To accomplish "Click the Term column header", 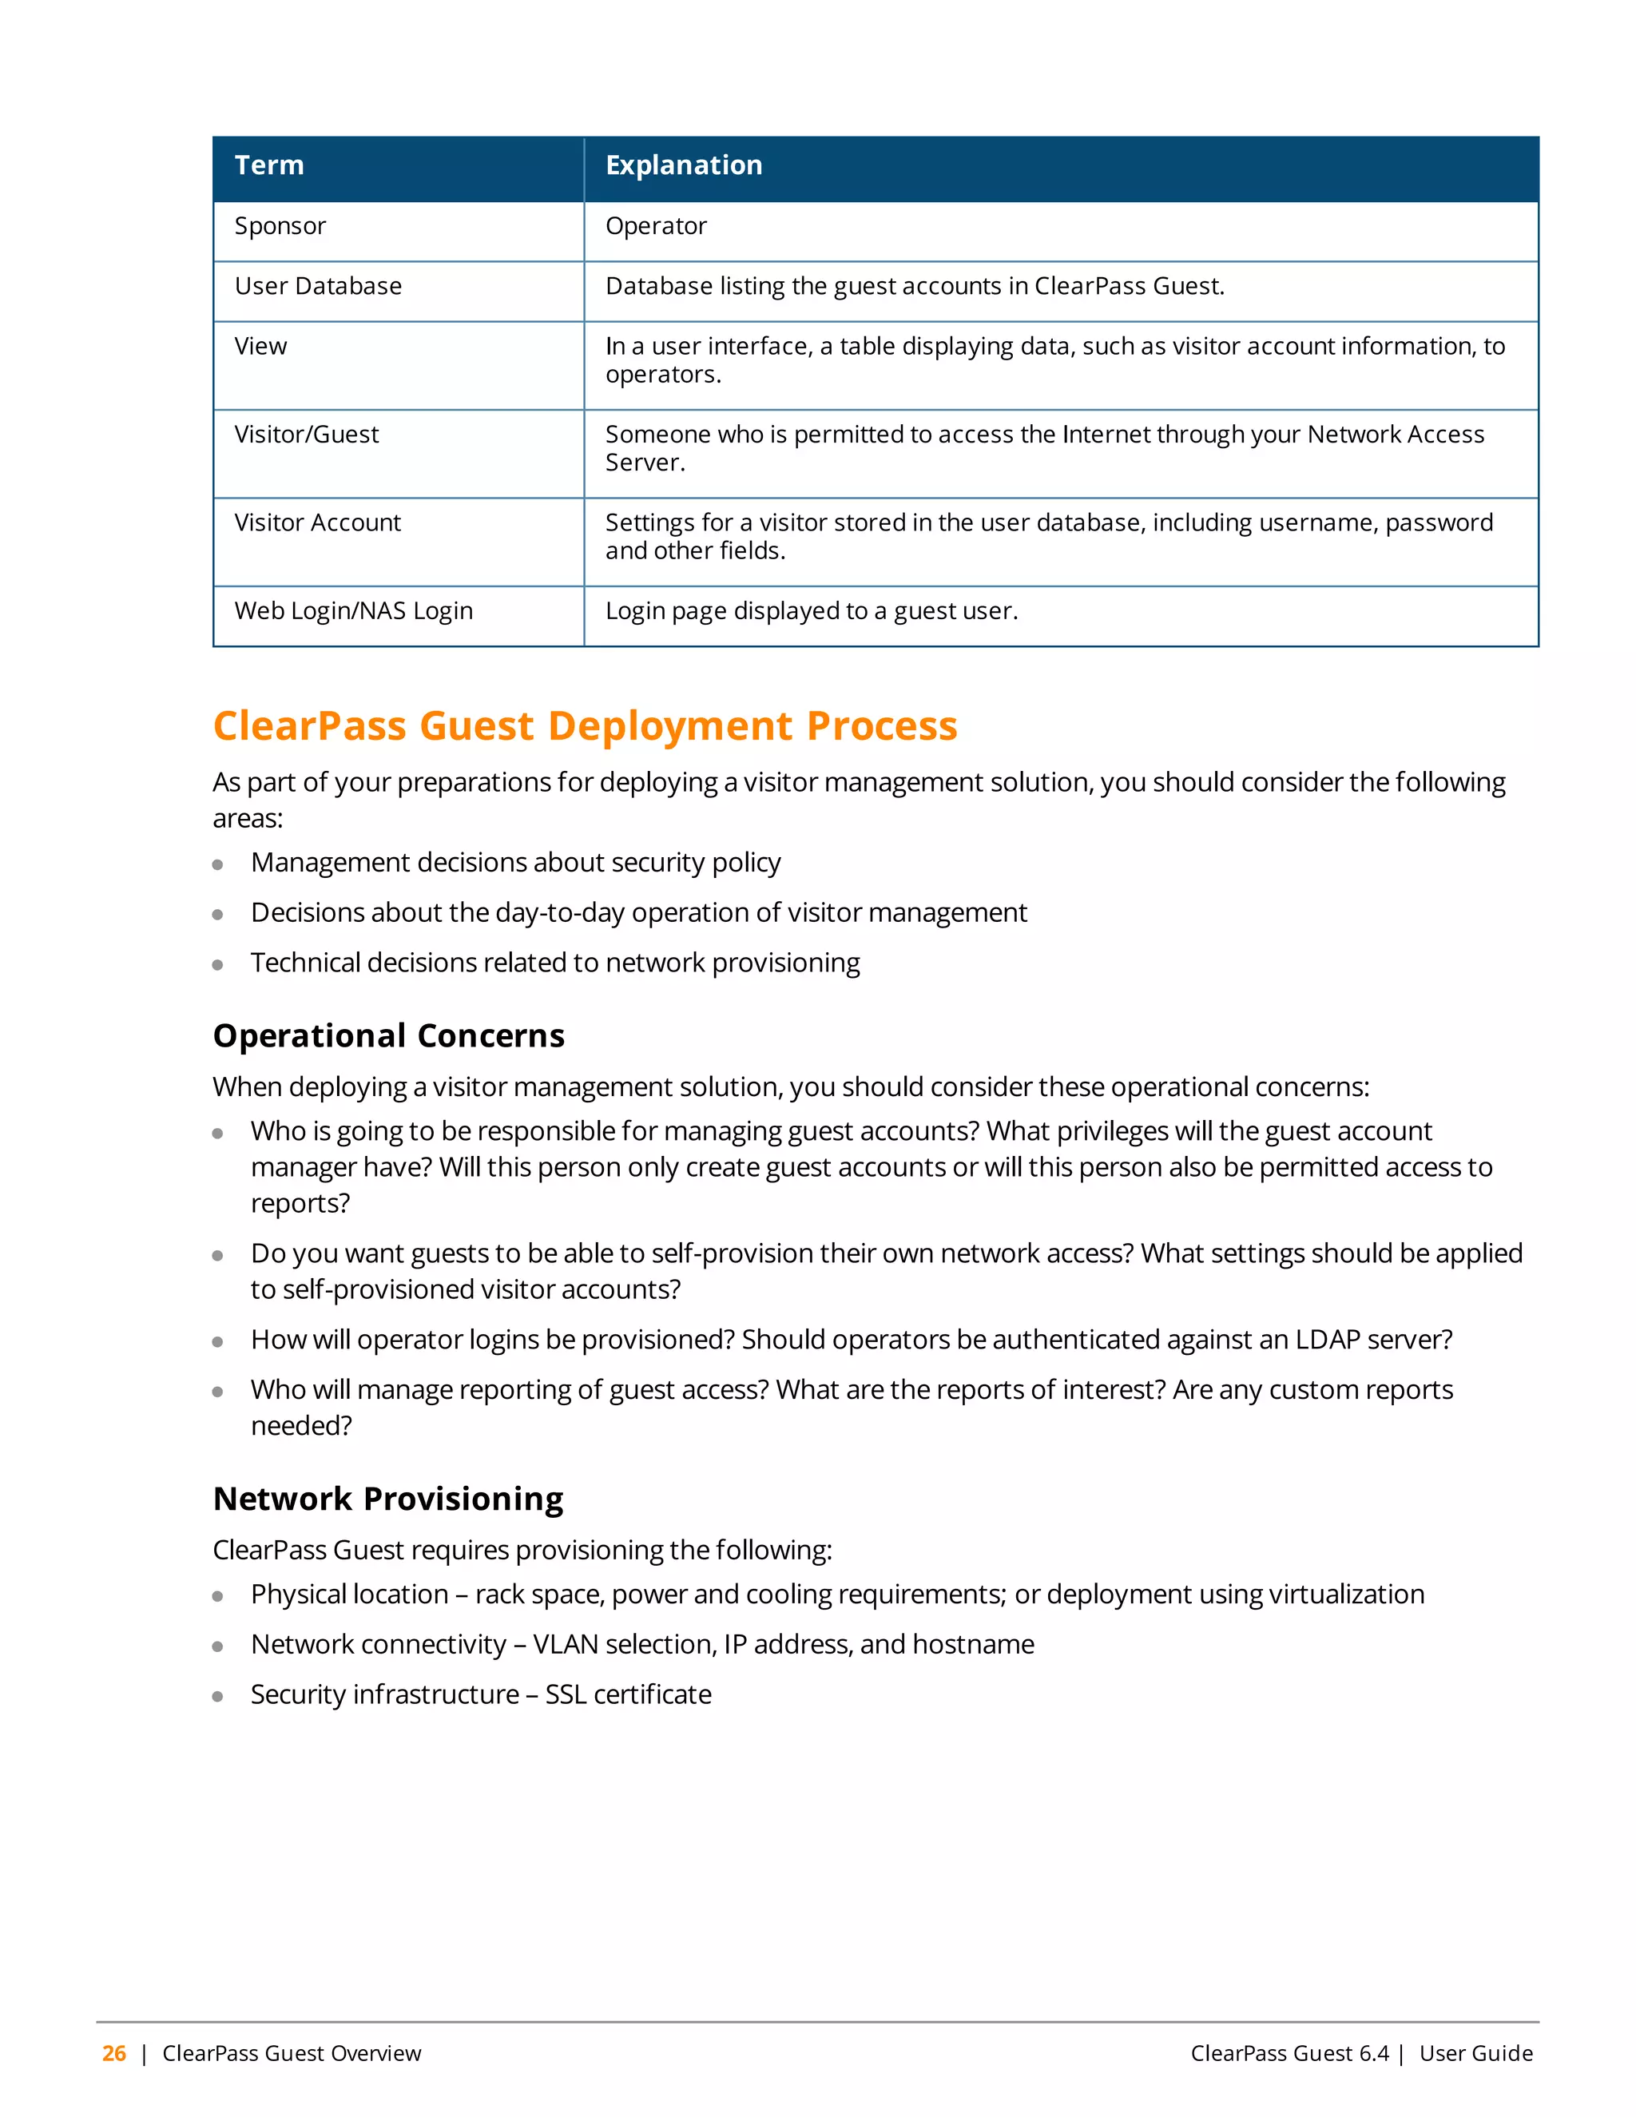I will coord(269,165).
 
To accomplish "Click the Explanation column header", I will coord(683,165).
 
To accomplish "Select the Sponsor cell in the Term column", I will coord(280,226).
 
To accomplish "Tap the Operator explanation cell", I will coord(656,226).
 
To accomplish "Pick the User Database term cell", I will coord(318,286).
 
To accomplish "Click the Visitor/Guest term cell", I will coord(306,435).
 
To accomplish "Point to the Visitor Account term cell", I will coord(317,522).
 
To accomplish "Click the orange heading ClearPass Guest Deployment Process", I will coord(585,726).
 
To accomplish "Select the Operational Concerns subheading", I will coord(389,1035).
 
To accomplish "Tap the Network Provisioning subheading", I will coord(387,1499).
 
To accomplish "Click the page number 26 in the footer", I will coord(114,2053).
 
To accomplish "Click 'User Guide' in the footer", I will coord(1475,2053).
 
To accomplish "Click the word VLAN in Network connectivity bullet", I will coord(565,1644).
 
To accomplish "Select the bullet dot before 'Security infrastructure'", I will coord(218,1696).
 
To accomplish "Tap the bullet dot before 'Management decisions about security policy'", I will coord(218,864).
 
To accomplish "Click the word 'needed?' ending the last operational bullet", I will coord(301,1426).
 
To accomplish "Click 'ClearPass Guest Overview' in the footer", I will coord(292,2053).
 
